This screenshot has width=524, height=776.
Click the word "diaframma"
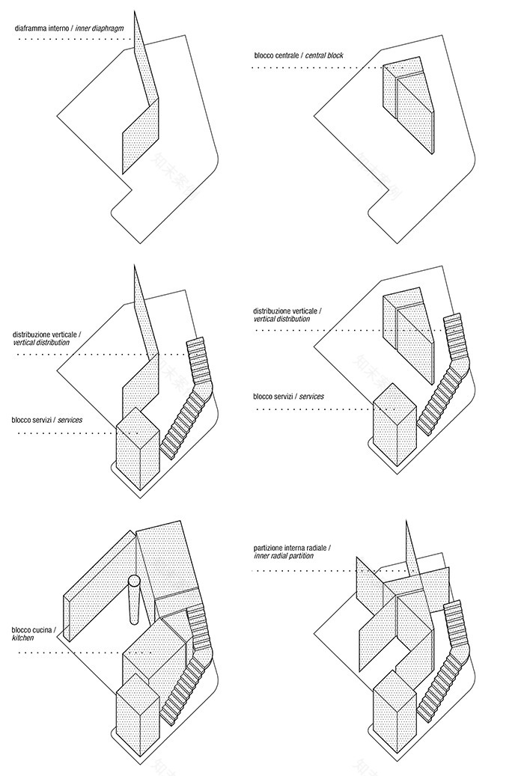34,29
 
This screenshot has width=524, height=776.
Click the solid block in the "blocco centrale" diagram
408,105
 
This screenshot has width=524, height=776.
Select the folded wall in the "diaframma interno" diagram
142,112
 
